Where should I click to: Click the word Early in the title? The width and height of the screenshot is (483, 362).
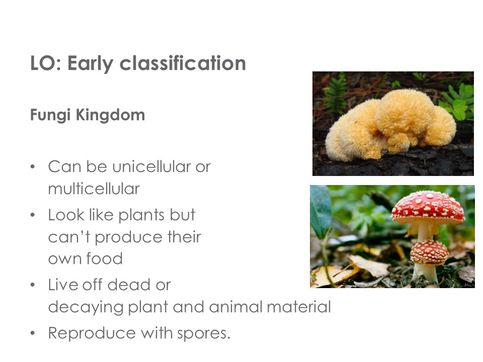click(x=90, y=64)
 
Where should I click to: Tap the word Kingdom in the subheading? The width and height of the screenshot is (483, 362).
click(x=110, y=115)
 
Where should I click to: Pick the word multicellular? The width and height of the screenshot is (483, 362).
click(x=94, y=189)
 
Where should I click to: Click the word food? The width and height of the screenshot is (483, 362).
click(x=104, y=258)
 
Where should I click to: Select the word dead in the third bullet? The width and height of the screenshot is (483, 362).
click(x=128, y=285)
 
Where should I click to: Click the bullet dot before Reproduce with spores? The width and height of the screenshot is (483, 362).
click(x=33, y=333)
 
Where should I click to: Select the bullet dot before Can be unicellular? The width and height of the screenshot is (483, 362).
click(x=33, y=166)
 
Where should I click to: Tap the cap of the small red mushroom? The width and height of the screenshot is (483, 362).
click(x=429, y=252)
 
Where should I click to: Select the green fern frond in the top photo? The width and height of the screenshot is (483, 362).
click(x=336, y=93)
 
